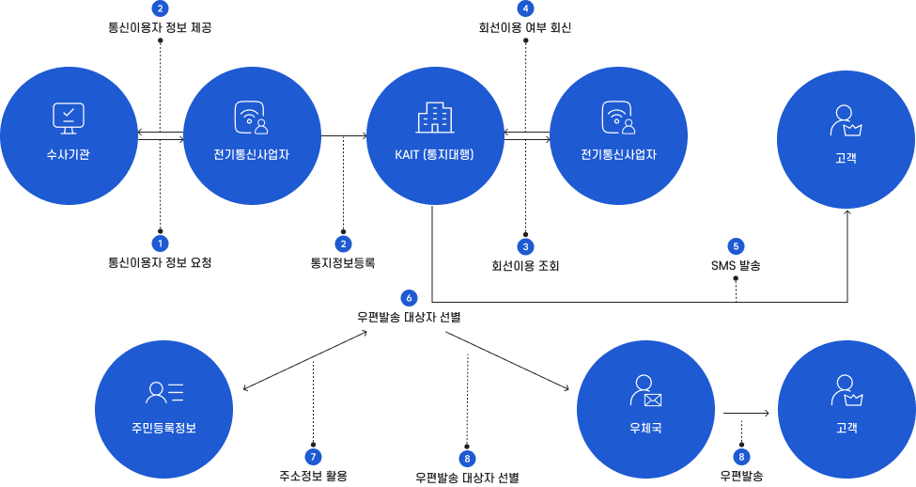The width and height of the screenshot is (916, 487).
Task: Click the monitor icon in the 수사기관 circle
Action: click(x=69, y=118)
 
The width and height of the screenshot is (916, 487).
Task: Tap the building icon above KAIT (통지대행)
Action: click(x=434, y=118)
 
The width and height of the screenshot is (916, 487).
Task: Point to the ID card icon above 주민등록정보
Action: click(x=164, y=391)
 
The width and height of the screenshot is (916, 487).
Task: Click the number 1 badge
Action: click(x=160, y=243)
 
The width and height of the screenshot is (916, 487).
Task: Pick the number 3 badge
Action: click(x=526, y=246)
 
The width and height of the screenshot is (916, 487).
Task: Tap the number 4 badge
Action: click(x=525, y=8)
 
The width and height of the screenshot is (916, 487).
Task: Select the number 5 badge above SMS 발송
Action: click(x=737, y=245)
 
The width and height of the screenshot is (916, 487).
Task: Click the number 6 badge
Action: click(x=408, y=297)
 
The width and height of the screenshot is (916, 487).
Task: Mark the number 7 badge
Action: click(x=313, y=456)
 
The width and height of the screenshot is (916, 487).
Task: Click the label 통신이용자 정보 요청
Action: click(x=160, y=263)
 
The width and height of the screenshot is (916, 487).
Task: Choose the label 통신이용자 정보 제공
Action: click(x=160, y=28)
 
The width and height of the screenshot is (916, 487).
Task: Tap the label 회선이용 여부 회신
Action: click(x=525, y=28)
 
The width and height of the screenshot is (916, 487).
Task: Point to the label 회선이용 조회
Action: click(x=525, y=266)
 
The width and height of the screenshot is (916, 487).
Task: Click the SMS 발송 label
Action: click(x=737, y=266)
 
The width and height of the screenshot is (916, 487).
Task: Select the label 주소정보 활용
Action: click(x=313, y=476)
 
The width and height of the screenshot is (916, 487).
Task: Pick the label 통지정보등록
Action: click(x=343, y=263)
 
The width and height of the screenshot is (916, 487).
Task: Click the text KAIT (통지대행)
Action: click(x=434, y=154)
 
